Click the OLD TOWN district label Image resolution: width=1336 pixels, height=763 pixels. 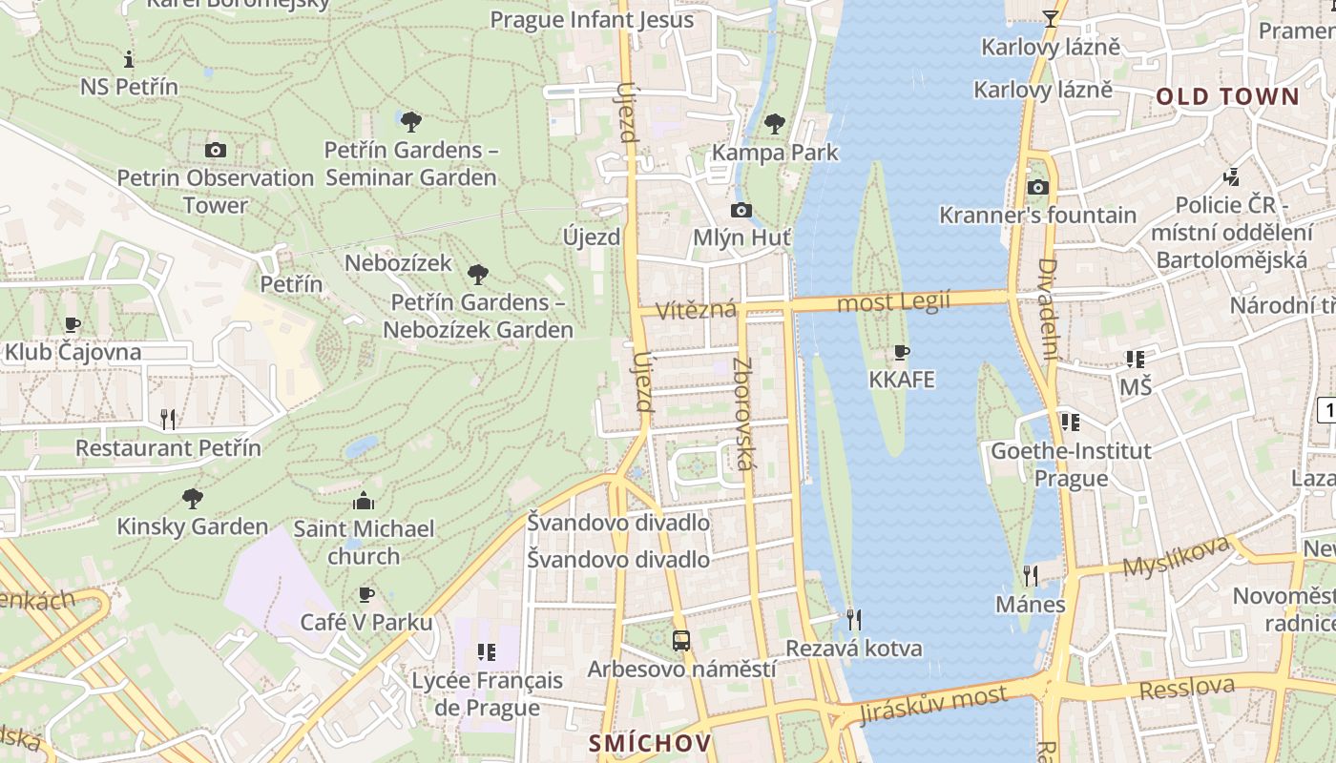click(x=1227, y=96)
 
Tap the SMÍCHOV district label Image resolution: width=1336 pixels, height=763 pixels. click(x=650, y=743)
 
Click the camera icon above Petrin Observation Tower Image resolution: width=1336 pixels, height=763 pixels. click(x=216, y=150)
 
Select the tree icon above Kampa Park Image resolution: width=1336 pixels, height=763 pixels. click(x=775, y=123)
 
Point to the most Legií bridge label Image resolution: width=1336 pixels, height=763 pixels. click(x=893, y=302)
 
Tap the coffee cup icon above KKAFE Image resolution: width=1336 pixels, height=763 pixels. click(x=901, y=352)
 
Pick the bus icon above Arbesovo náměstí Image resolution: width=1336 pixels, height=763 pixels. click(x=681, y=641)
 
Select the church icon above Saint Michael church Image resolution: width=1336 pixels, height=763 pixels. click(x=364, y=501)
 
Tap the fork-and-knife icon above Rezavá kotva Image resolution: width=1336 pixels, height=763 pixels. click(x=854, y=620)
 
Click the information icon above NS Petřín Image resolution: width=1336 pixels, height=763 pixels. click(x=129, y=59)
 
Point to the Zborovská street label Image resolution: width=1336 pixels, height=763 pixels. click(x=744, y=414)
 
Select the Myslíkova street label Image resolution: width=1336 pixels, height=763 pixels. click(x=1176, y=556)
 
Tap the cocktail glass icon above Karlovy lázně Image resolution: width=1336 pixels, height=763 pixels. click(x=1051, y=18)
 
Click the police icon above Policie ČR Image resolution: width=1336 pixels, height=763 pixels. click(x=1232, y=176)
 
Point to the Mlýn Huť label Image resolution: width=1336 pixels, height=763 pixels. click(x=741, y=237)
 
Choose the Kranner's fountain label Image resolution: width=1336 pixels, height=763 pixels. click(x=1037, y=216)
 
